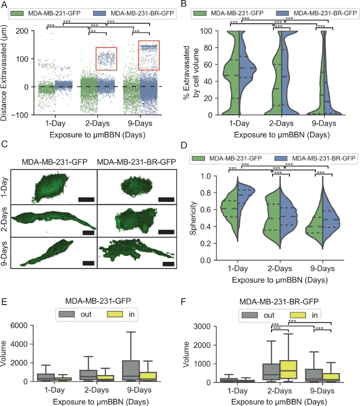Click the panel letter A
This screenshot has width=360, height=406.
(6, 5)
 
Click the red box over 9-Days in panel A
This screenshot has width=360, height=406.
(149, 55)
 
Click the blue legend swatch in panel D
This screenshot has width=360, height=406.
(280, 158)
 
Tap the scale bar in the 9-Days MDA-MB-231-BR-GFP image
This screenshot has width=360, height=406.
(168, 263)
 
